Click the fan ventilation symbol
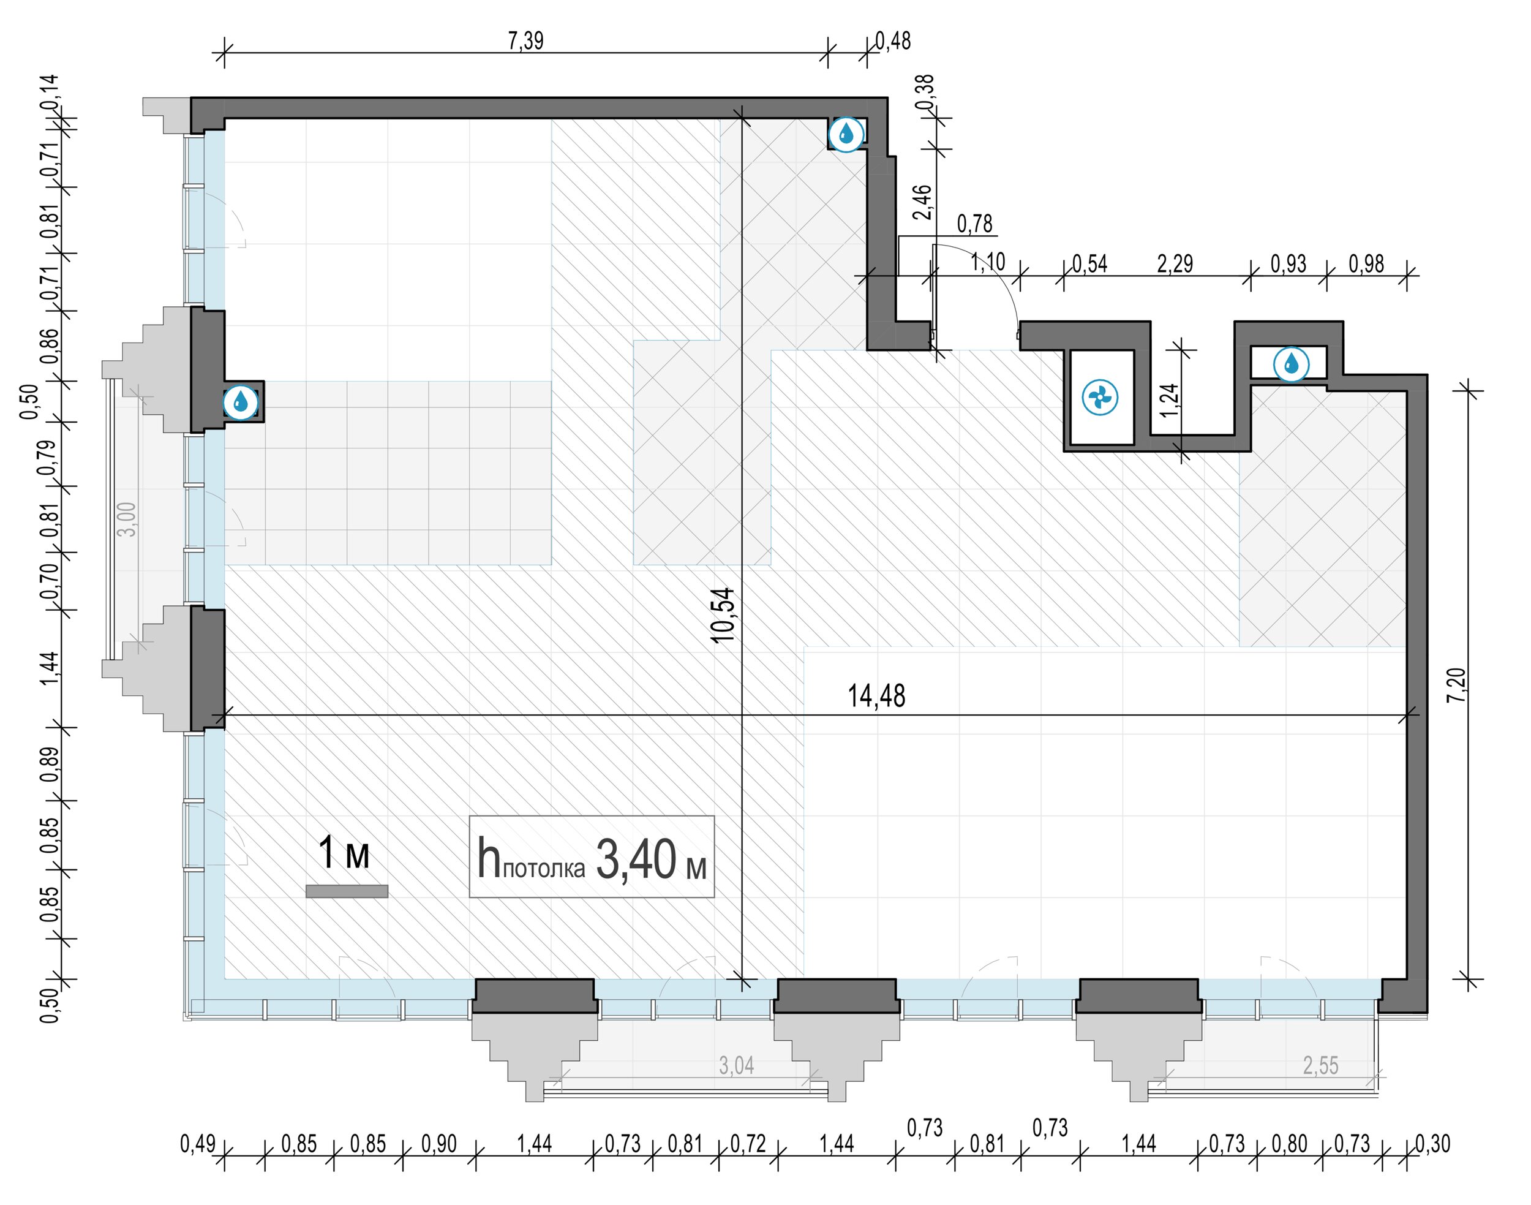(1099, 398)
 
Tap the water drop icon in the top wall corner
(846, 134)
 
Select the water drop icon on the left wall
(241, 402)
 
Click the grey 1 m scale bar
(347, 891)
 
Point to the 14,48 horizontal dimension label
(876, 696)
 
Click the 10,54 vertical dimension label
(723, 615)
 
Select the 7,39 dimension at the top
(525, 41)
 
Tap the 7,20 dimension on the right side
(1457, 684)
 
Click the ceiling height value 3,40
(636, 859)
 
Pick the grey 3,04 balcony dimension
(736, 1065)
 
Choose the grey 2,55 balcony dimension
(1320, 1065)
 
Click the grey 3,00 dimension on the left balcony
(127, 519)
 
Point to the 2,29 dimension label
(1175, 264)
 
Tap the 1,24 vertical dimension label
(1168, 400)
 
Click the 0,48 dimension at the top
(893, 41)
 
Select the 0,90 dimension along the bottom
(438, 1144)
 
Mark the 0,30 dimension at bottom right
(1433, 1144)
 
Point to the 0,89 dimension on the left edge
(50, 765)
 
